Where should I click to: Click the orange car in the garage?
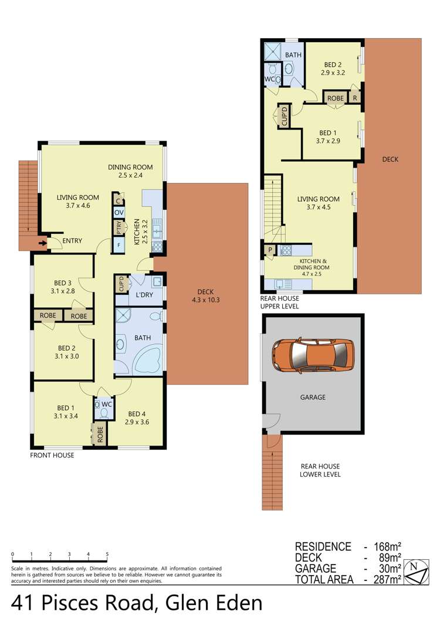pyautogui.click(x=313, y=354)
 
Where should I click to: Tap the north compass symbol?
pyautogui.click(x=416, y=572)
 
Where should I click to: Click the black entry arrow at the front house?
pyautogui.click(x=42, y=243)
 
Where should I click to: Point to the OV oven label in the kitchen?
pyautogui.click(x=119, y=213)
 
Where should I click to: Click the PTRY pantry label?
pyautogui.click(x=119, y=227)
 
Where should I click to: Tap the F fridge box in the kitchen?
pyautogui.click(x=119, y=245)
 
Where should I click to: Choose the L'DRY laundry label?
pyautogui.click(x=144, y=295)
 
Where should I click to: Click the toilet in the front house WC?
pyautogui.click(x=104, y=413)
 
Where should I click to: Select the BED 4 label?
pyautogui.click(x=137, y=414)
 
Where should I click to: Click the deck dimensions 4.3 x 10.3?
pyautogui.click(x=206, y=300)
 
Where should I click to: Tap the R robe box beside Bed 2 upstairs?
pyautogui.click(x=354, y=97)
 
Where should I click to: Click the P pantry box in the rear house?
pyautogui.click(x=270, y=250)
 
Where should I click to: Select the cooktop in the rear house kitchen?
pyautogui.click(x=286, y=250)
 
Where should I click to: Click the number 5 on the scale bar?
pyautogui.click(x=107, y=554)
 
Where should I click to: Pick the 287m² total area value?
pyautogui.click(x=387, y=580)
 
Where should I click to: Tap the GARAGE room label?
pyautogui.click(x=313, y=397)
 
